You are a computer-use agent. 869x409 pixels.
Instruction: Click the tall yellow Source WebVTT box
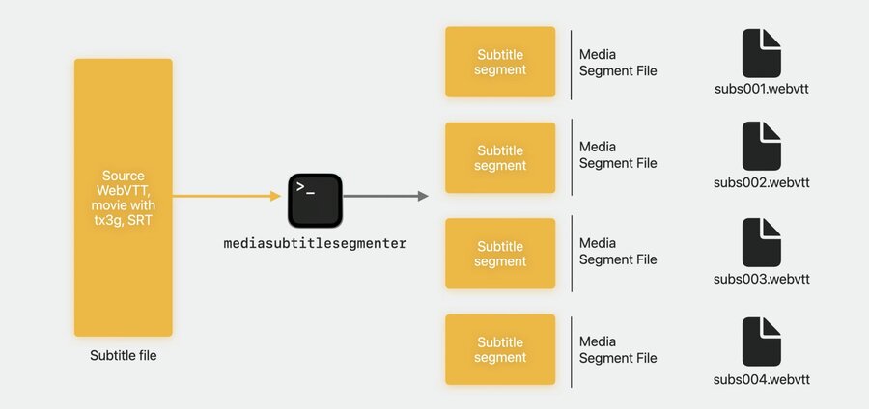pyautogui.click(x=123, y=198)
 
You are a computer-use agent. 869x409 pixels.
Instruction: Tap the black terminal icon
pyautogui.click(x=315, y=201)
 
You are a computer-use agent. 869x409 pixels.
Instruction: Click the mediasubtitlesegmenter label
pyautogui.click(x=315, y=243)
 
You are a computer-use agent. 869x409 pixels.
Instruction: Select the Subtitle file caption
pyautogui.click(x=124, y=355)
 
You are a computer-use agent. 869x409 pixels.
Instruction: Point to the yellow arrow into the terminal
pyautogui.click(x=227, y=196)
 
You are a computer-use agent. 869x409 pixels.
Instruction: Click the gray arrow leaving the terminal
pyautogui.click(x=385, y=196)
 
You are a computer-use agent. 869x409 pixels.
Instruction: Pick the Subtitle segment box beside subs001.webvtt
pyautogui.click(x=500, y=62)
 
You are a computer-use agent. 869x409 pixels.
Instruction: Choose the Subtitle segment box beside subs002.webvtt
pyautogui.click(x=500, y=158)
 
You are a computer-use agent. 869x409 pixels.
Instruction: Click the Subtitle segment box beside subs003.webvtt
pyautogui.click(x=500, y=254)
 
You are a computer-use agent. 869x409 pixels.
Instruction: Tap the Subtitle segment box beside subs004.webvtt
pyautogui.click(x=500, y=349)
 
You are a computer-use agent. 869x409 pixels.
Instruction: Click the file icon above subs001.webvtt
pyautogui.click(x=762, y=53)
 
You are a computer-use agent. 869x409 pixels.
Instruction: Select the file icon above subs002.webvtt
pyautogui.click(x=762, y=146)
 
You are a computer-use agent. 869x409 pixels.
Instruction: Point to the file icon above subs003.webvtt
pyautogui.click(x=762, y=242)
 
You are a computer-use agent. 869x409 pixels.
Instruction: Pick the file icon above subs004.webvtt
pyautogui.click(x=762, y=341)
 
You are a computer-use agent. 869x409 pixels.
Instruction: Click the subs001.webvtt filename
pyautogui.click(x=762, y=89)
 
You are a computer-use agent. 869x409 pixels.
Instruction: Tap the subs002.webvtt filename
pyautogui.click(x=762, y=182)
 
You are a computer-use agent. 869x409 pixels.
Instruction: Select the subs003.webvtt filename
pyautogui.click(x=762, y=279)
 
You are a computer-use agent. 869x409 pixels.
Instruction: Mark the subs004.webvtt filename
pyautogui.click(x=762, y=380)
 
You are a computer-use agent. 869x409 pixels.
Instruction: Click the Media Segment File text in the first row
pyautogui.click(x=618, y=63)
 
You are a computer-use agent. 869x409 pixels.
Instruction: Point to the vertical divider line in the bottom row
pyautogui.click(x=572, y=351)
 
